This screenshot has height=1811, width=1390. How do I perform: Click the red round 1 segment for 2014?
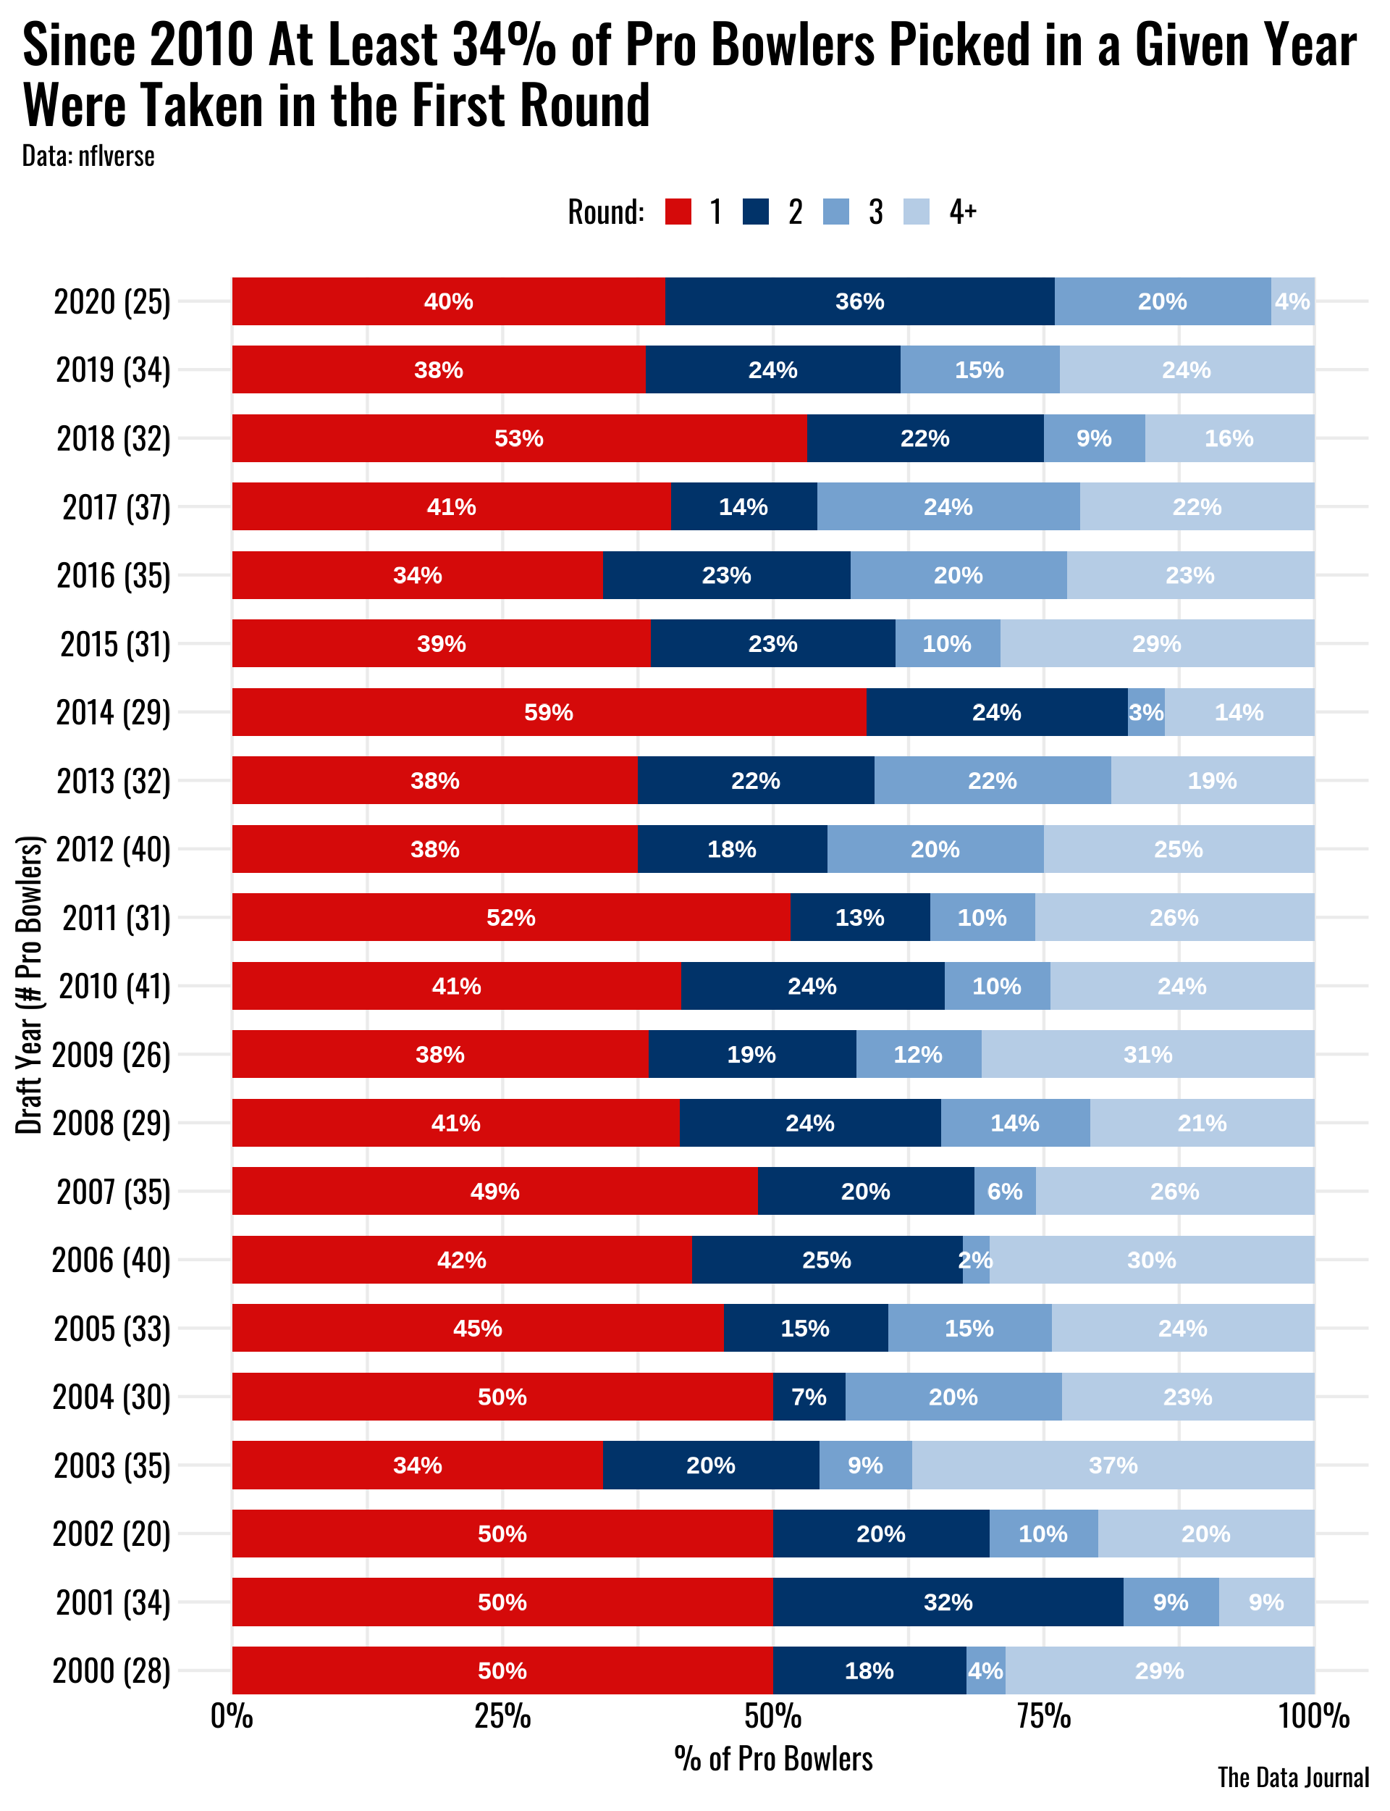pyautogui.click(x=549, y=712)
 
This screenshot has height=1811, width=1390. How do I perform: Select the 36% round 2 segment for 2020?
pyautogui.click(x=859, y=301)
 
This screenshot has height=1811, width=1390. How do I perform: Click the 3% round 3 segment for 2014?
pyautogui.click(x=1146, y=712)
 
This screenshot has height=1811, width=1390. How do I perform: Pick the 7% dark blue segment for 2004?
pyautogui.click(x=809, y=1397)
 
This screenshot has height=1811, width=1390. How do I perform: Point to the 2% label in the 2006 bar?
pyautogui.click(x=974, y=1260)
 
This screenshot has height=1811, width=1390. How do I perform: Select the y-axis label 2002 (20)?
pyautogui.click(x=111, y=1534)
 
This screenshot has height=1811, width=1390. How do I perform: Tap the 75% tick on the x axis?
pyautogui.click(x=1043, y=1716)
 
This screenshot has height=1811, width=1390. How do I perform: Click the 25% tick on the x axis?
pyautogui.click(x=502, y=1716)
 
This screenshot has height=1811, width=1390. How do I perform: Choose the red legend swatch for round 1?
pyautogui.click(x=678, y=212)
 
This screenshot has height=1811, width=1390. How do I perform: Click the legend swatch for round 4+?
pyautogui.click(x=917, y=212)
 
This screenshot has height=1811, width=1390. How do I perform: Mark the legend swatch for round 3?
pyautogui.click(x=836, y=212)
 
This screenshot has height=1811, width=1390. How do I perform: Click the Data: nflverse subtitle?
pyautogui.click(x=88, y=156)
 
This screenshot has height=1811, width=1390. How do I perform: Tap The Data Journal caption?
pyautogui.click(x=1292, y=1777)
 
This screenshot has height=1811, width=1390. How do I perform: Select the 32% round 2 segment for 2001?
pyautogui.click(x=948, y=1602)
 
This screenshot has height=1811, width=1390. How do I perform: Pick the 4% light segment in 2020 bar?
pyautogui.click(x=1292, y=301)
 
